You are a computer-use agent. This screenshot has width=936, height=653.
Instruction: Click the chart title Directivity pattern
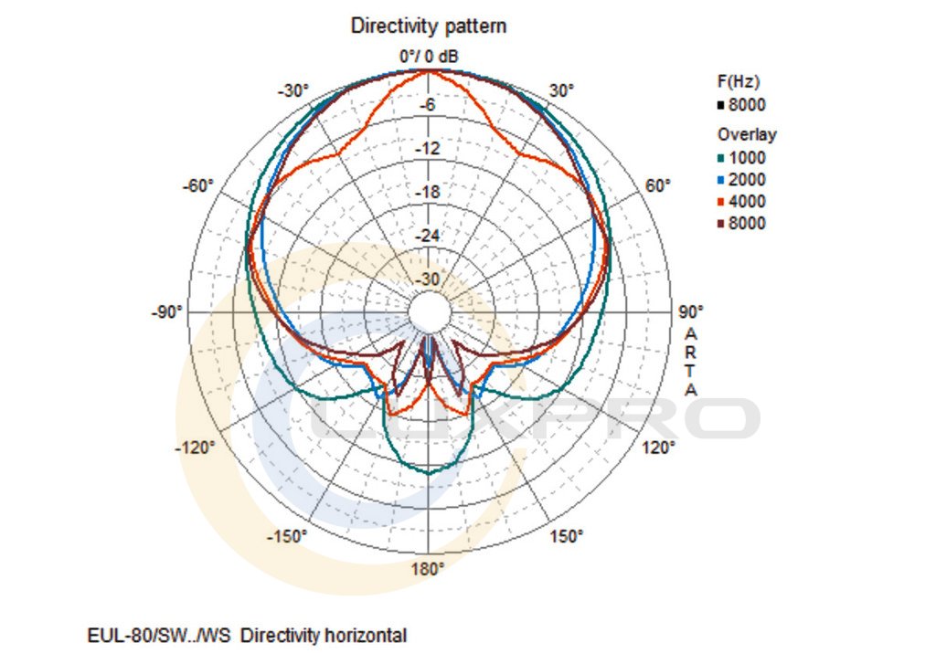[x=429, y=26]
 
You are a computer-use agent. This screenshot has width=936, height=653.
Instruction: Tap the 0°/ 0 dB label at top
[x=429, y=57]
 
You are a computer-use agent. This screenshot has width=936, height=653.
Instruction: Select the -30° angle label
[x=293, y=90]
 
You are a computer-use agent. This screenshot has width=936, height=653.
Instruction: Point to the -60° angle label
[x=198, y=185]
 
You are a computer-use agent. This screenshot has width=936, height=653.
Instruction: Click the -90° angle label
[x=166, y=312]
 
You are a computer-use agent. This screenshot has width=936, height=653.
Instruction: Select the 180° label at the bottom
[x=428, y=569]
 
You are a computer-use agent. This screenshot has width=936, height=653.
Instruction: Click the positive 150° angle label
[x=566, y=536]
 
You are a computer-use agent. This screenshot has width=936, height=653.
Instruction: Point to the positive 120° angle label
[x=659, y=448]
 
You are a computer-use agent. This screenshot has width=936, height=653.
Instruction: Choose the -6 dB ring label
[x=428, y=105]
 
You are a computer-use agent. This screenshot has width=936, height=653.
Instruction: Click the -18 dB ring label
[x=428, y=193]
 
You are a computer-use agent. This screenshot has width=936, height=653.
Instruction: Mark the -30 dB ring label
[x=428, y=279]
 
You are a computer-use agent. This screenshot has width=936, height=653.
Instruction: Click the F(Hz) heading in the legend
[x=739, y=82]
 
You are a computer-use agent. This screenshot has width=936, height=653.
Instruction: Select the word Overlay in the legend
[x=747, y=134]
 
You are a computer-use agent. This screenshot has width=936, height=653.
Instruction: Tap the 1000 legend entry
[x=748, y=157]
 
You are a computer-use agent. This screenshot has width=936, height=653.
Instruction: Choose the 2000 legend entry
[x=748, y=179]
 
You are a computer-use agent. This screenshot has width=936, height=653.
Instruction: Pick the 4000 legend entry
[x=748, y=201]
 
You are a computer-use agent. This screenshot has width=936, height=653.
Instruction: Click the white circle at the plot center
[x=428, y=312]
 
